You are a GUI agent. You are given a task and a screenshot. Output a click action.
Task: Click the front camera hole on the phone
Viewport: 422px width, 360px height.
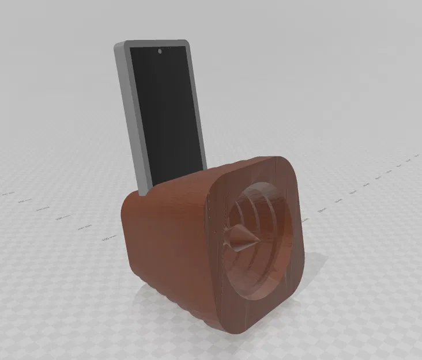tap(160, 52)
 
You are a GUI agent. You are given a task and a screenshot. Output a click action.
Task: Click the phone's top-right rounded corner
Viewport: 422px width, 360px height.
tap(186, 43)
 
